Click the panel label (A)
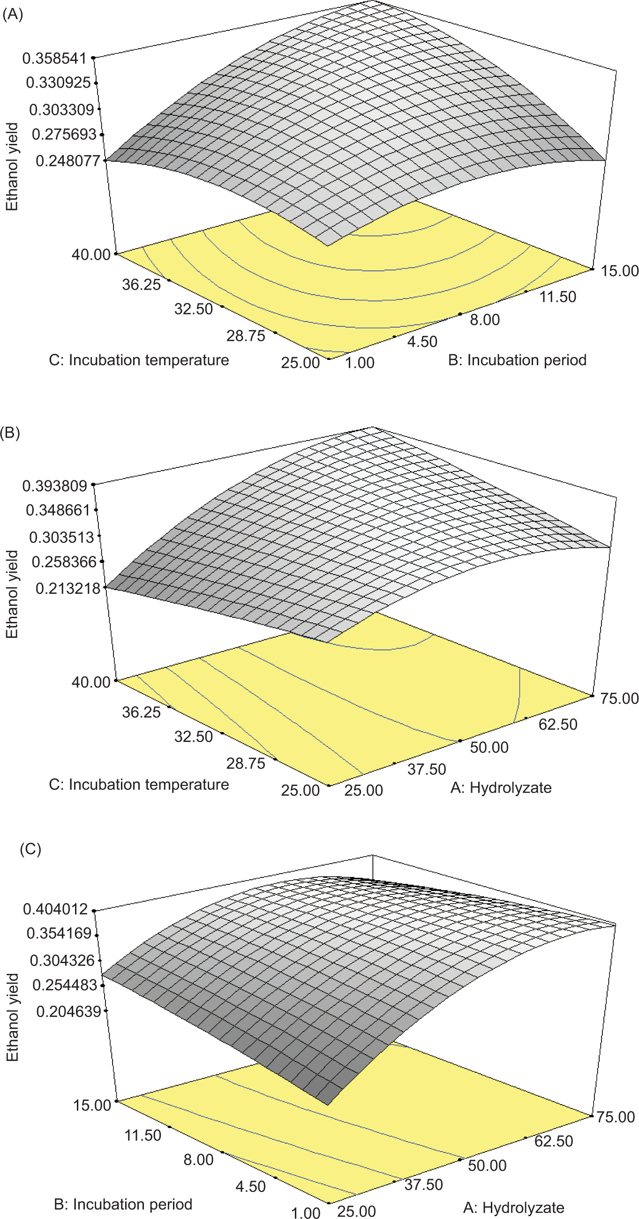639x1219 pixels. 12,15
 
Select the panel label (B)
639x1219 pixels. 10,433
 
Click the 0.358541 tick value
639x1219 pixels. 55,59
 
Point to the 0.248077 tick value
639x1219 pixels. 68,161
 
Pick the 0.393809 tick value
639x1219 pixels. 55,486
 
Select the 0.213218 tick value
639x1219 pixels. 68,588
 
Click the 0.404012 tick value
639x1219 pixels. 55,909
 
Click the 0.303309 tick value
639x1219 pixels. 61,110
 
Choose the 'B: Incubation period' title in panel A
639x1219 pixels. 517,360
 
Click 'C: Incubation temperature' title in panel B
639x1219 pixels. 139,785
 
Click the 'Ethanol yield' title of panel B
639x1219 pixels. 12,594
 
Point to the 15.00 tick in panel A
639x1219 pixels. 620,271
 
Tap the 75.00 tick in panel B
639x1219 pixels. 620,698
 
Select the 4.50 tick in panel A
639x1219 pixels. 422,341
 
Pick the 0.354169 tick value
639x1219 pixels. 59,933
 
